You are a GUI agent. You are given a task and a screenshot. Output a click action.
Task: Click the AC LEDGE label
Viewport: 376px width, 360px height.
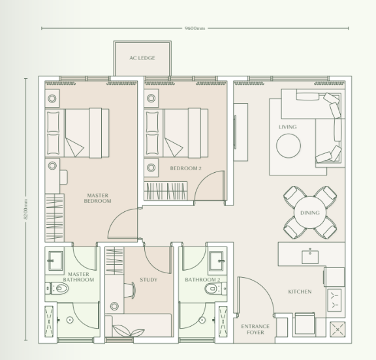tap(143, 57)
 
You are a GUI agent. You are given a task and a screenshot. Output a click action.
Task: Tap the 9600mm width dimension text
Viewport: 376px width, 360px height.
tap(195, 28)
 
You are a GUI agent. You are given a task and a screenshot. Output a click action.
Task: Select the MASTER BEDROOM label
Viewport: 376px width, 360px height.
tap(99, 198)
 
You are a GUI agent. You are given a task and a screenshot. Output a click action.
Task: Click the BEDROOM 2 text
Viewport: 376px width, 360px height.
tap(185, 168)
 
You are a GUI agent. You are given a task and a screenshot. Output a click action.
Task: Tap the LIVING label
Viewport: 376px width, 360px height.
tap(287, 127)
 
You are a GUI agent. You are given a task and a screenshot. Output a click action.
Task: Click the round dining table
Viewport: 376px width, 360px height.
tap(310, 213)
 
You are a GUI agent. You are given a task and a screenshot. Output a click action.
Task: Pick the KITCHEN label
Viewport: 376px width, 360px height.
tap(300, 292)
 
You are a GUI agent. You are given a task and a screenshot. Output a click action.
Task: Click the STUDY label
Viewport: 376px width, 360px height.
tap(148, 280)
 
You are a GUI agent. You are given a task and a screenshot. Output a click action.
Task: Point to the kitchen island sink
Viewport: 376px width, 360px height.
tap(310, 256)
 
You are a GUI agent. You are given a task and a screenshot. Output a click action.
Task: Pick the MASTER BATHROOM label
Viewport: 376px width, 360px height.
tap(79, 277)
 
